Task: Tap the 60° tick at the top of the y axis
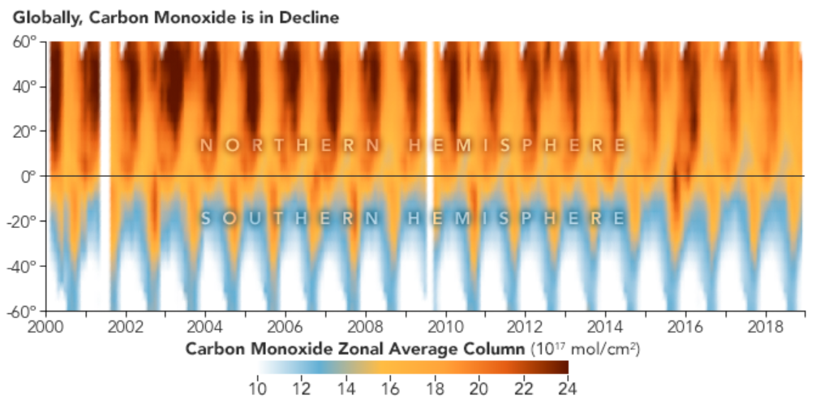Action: (x=25, y=41)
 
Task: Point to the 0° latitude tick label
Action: (x=29, y=175)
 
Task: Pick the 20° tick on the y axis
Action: (x=25, y=131)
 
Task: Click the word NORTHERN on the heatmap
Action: (x=290, y=146)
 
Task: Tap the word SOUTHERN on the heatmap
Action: (x=290, y=218)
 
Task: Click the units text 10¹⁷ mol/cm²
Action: (x=585, y=349)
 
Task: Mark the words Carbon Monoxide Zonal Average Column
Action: (x=355, y=349)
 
